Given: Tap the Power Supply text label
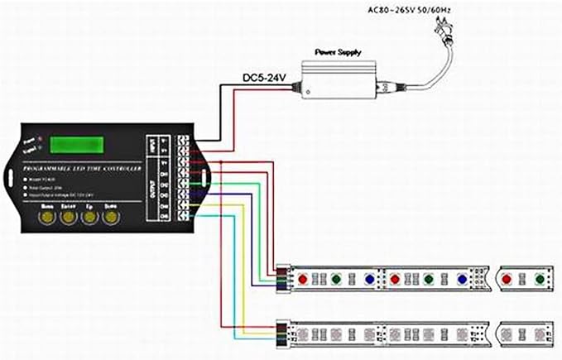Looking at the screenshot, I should pos(339,51).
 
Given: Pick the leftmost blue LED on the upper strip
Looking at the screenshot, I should pos(367,280).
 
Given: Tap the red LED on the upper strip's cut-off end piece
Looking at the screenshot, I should pos(506,280).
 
